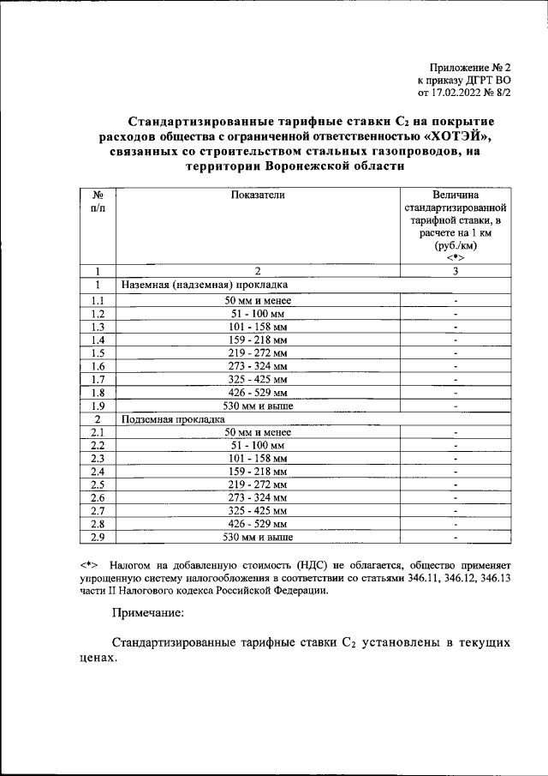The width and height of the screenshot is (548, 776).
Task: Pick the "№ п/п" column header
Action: pyautogui.click(x=98, y=202)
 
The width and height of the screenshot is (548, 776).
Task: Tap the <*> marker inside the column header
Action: pyautogui.click(x=456, y=258)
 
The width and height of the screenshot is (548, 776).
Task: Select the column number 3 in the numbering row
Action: pyautogui.click(x=456, y=271)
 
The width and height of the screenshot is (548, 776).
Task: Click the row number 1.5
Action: pyautogui.click(x=98, y=352)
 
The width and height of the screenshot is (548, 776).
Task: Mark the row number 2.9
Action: pyautogui.click(x=98, y=538)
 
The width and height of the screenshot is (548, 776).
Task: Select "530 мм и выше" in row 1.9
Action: pyautogui.click(x=257, y=406)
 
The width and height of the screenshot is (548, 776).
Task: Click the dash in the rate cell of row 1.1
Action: pyautogui.click(x=456, y=299)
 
